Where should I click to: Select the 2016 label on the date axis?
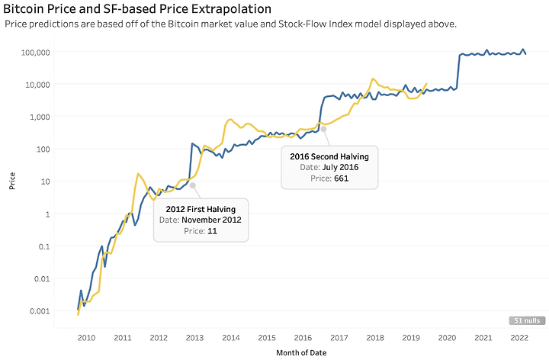click(x=303, y=337)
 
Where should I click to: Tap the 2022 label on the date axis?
click(x=519, y=337)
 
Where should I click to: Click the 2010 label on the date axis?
click(x=86, y=337)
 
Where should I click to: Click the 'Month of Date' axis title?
click(x=302, y=352)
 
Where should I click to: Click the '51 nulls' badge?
click(x=526, y=320)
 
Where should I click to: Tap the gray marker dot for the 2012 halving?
click(x=193, y=185)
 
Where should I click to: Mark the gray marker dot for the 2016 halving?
click(x=323, y=128)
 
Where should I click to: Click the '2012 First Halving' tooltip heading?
click(x=201, y=209)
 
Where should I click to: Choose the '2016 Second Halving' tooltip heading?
click(x=329, y=156)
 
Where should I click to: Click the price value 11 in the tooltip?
click(x=212, y=231)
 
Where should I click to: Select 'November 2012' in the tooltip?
click(x=211, y=220)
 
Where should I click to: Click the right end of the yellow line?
click(x=427, y=83)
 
